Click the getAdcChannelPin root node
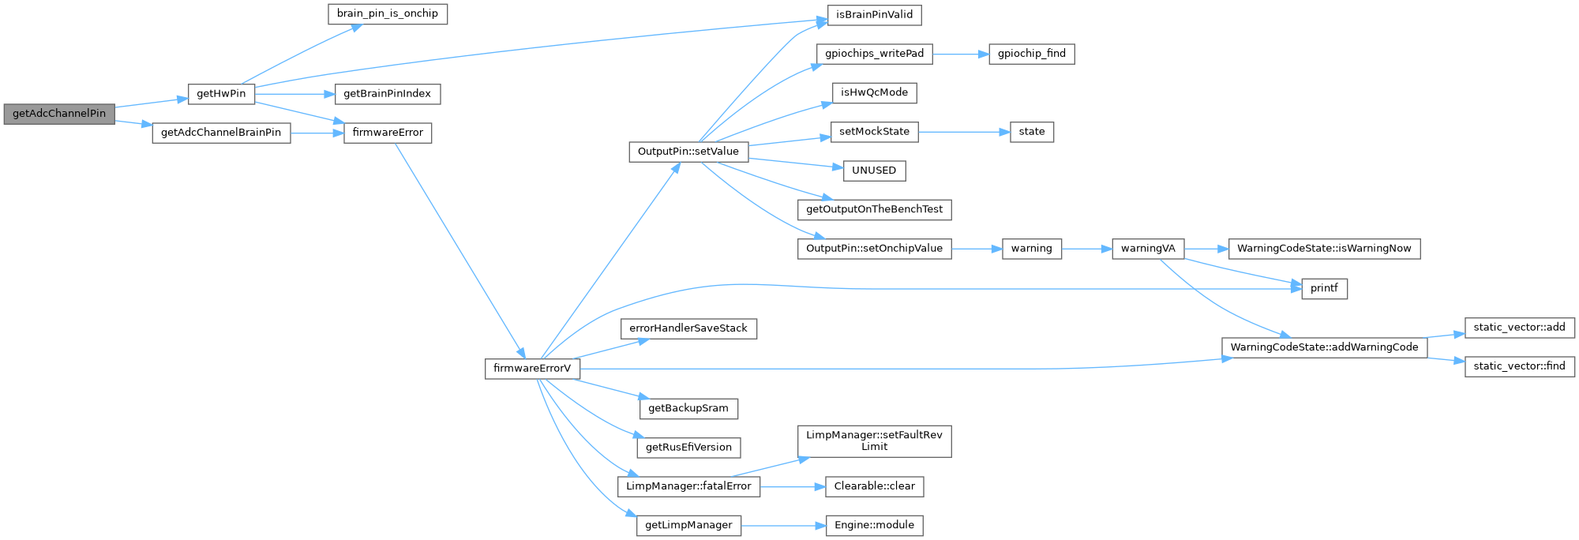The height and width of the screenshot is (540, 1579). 59,114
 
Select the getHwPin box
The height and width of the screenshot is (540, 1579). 221,94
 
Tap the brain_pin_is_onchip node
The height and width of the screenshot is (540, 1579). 388,14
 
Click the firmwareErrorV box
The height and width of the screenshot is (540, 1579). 532,369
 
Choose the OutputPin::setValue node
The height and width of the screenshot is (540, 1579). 688,152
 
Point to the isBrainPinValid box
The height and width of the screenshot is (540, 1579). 874,15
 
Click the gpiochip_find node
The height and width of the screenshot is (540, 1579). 1031,54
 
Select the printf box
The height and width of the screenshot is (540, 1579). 1324,289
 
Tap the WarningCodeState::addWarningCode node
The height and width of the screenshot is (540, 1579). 1324,347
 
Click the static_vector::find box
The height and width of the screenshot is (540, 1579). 1519,366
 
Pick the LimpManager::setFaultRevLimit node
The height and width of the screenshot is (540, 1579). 874,441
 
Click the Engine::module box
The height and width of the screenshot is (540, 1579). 874,526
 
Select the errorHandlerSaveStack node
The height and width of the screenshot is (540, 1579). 688,328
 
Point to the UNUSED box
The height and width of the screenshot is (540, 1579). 874,171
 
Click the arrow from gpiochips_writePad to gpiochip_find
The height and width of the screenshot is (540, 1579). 960,54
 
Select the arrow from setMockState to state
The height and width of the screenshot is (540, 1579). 964,132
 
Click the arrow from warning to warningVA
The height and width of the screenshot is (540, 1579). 1086,249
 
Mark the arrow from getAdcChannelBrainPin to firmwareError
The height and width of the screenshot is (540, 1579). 317,133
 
